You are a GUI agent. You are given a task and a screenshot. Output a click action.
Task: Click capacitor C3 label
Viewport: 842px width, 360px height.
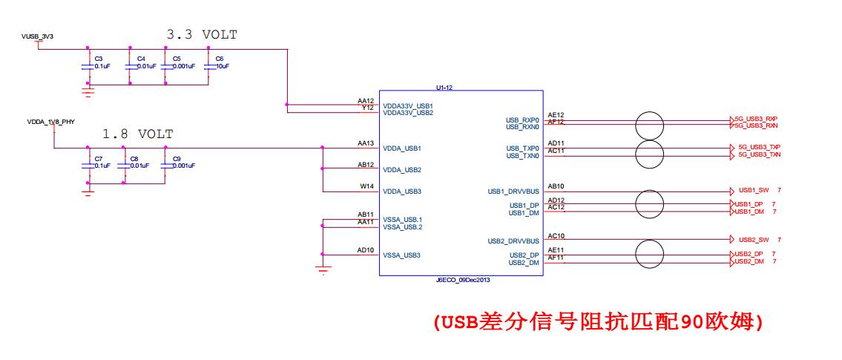coord(98,58)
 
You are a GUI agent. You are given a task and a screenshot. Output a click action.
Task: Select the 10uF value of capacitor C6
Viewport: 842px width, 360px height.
coord(223,66)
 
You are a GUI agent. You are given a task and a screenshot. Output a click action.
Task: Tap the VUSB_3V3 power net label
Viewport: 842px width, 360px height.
coord(37,36)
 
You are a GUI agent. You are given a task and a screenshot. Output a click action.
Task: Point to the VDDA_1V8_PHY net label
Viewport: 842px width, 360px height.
coord(51,122)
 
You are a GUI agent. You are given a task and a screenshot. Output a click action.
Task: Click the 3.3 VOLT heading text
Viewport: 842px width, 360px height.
coord(202,35)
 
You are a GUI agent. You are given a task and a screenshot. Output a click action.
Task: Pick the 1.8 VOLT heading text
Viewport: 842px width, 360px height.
coord(138,134)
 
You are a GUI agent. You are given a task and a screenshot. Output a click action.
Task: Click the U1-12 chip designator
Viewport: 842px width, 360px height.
coord(444,87)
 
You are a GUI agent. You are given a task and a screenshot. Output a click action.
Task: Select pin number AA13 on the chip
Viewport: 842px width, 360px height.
coord(366,143)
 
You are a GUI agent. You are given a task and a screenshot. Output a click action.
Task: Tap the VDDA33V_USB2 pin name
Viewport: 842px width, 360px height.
coord(408,113)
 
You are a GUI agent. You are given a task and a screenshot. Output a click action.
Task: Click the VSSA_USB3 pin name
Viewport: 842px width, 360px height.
coord(401,255)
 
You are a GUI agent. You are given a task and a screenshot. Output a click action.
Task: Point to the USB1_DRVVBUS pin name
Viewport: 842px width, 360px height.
coord(513,192)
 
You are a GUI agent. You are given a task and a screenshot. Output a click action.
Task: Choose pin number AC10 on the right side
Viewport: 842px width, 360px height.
coord(556,236)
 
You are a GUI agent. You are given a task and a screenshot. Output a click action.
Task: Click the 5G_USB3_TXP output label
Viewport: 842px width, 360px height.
coord(760,147)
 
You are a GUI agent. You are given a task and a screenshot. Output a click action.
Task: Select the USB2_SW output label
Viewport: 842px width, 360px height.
coord(754,240)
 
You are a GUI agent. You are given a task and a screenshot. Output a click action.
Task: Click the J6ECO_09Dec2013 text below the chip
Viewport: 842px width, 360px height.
coord(464,280)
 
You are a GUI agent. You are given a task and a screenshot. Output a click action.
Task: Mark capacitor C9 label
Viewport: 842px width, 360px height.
coord(177,159)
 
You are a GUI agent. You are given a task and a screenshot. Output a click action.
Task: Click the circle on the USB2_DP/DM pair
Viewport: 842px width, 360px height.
coord(650,254)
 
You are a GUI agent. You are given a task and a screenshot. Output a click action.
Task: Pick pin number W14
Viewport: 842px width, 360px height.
coord(367,186)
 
